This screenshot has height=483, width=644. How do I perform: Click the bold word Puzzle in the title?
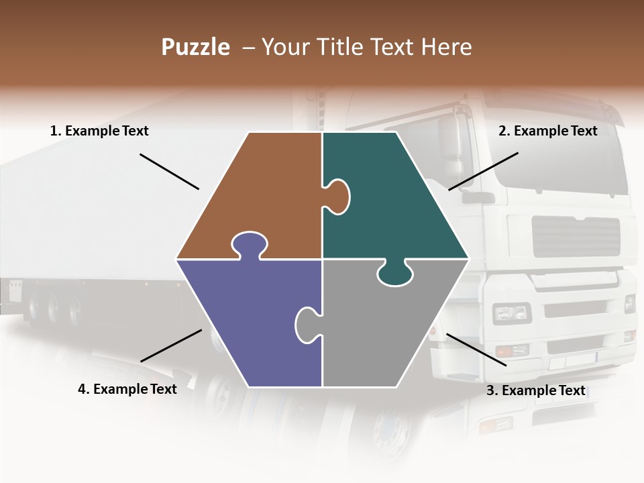point(195,47)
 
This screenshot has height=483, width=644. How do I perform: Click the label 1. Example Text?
point(99,131)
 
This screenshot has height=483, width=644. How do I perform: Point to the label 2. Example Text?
point(547,131)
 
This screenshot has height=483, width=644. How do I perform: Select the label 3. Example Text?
point(535,390)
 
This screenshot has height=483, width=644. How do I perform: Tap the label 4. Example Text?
point(127,389)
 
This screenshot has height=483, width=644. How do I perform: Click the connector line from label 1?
point(169,172)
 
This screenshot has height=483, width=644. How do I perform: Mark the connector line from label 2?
point(483,171)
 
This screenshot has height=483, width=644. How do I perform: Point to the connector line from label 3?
point(476,350)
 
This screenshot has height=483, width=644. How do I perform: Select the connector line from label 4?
point(171,345)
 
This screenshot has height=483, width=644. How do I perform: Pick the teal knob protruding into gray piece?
point(394,274)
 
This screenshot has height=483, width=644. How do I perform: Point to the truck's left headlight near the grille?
point(511,313)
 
